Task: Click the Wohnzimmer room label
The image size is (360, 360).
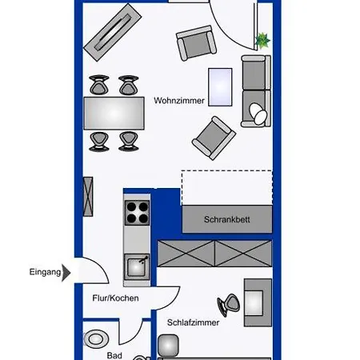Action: [x=179, y=101]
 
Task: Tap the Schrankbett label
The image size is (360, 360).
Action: [x=227, y=219]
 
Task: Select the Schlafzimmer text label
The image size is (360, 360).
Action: [x=193, y=322]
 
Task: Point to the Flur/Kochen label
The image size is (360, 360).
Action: [x=115, y=298]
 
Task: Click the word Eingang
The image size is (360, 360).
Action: [x=45, y=272]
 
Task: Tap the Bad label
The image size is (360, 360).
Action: [x=114, y=355]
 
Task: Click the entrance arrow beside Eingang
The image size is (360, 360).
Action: [x=66, y=273]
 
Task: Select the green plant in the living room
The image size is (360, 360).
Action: [x=262, y=41]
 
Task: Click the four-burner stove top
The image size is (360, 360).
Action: [x=138, y=213]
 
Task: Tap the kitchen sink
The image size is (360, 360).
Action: [x=137, y=267]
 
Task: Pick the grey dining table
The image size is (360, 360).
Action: [x=114, y=114]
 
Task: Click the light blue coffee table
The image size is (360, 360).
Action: [x=220, y=87]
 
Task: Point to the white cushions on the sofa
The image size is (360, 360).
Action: [x=258, y=114]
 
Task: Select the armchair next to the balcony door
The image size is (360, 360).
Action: [x=196, y=42]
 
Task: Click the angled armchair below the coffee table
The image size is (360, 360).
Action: [x=214, y=138]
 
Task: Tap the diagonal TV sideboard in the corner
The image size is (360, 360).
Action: [x=113, y=32]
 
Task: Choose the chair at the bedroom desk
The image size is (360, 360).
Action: [x=229, y=305]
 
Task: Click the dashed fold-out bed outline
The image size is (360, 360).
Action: [x=227, y=188]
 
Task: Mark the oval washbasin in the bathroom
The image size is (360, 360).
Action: [x=96, y=339]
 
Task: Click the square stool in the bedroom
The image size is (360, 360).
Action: [x=168, y=346]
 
